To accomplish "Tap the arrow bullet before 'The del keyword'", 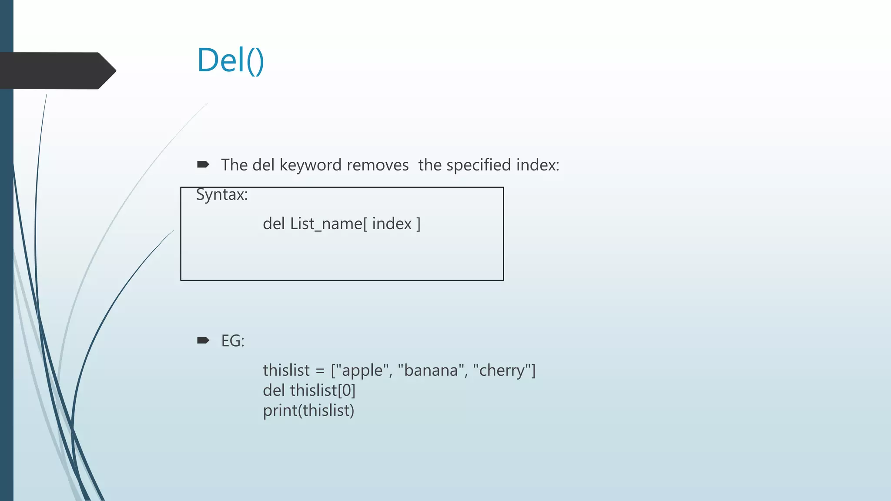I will pyautogui.click(x=203, y=164).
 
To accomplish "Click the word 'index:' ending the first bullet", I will pyautogui.click(x=537, y=165).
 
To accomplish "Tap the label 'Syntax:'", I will pyautogui.click(x=222, y=194).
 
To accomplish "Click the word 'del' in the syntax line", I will pyautogui.click(x=274, y=224).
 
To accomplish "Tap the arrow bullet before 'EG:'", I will pyautogui.click(x=203, y=340).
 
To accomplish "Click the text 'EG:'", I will pyautogui.click(x=233, y=341).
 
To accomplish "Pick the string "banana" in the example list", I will pyautogui.click(x=431, y=371).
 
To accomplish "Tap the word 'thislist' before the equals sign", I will pyautogui.click(x=286, y=371).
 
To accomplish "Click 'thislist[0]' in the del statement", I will pyautogui.click(x=322, y=391).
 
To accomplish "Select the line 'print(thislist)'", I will pyautogui.click(x=308, y=411).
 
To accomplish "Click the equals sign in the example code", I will pyautogui.click(x=320, y=371).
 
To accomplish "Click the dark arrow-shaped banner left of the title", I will pyautogui.click(x=54, y=71).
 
